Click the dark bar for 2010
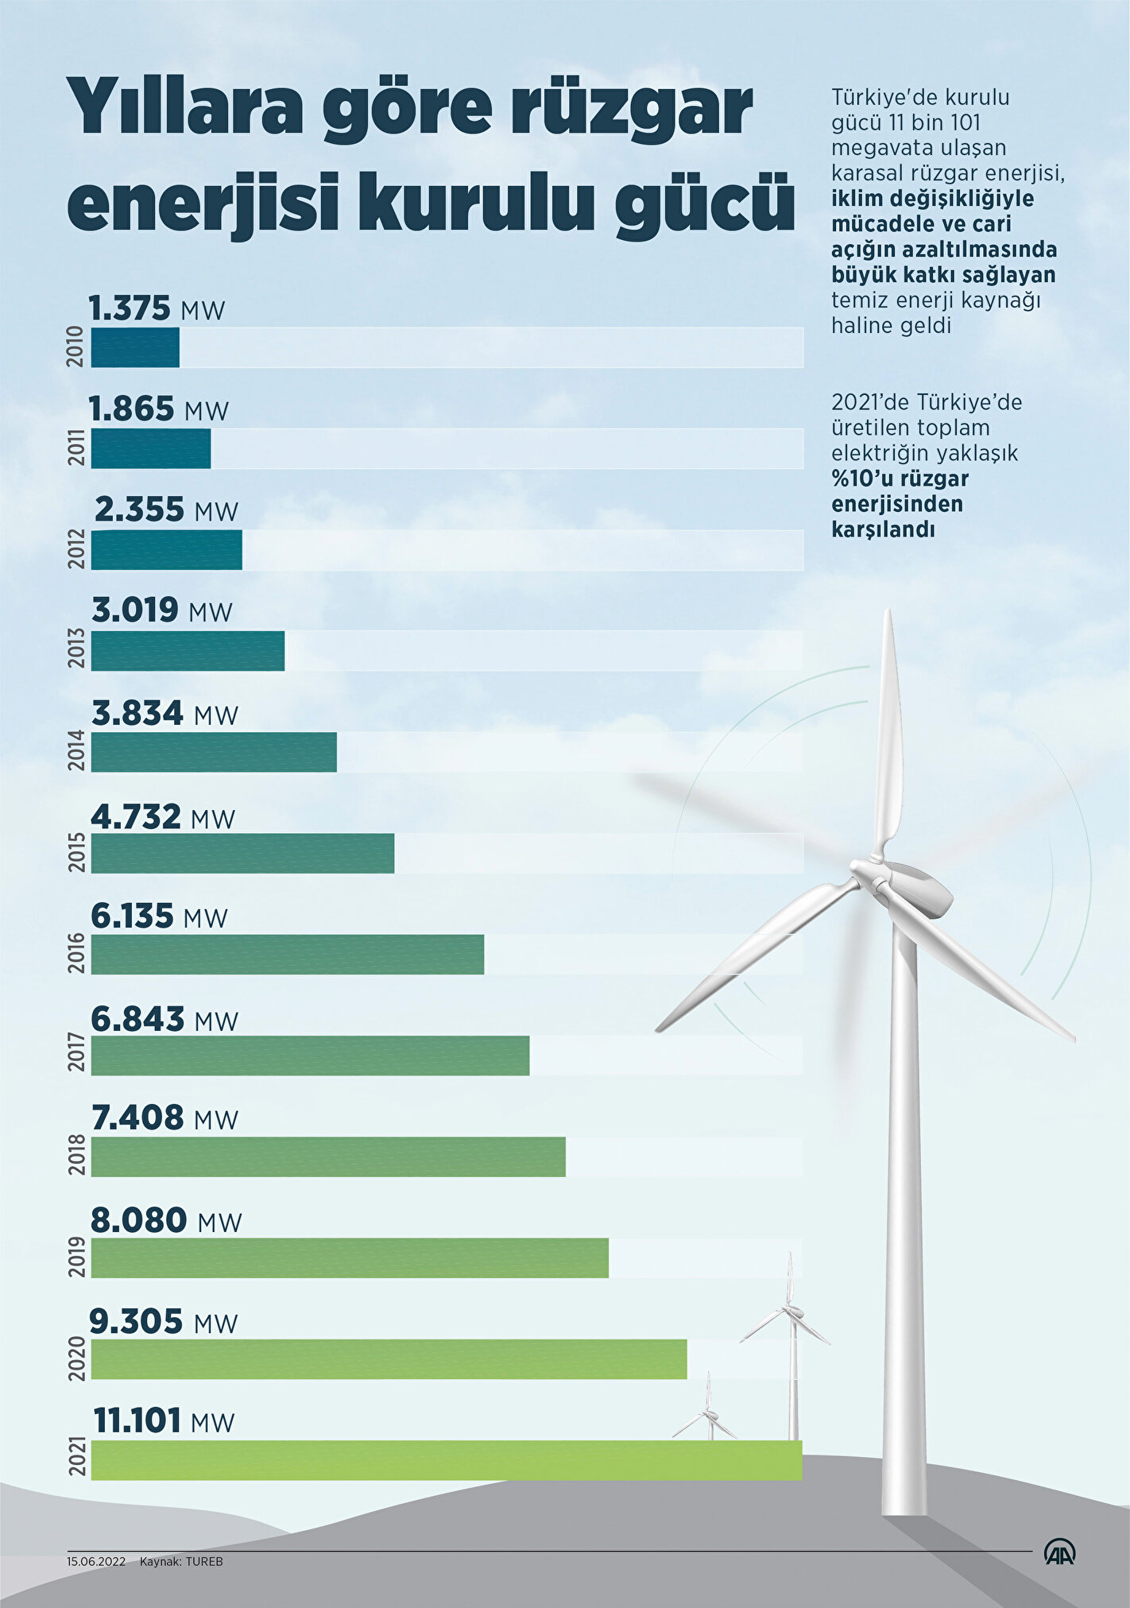click(135, 347)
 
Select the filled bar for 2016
click(287, 954)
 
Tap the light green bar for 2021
click(446, 1460)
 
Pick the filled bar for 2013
click(188, 651)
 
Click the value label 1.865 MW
click(158, 409)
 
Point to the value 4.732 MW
click(163, 817)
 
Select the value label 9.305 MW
click(163, 1322)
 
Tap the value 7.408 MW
click(164, 1118)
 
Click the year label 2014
click(77, 752)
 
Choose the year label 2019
click(77, 1258)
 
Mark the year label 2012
click(77, 549)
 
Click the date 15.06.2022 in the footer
click(96, 1562)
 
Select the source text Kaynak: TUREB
click(181, 1562)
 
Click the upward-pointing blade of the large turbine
click(890, 731)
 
